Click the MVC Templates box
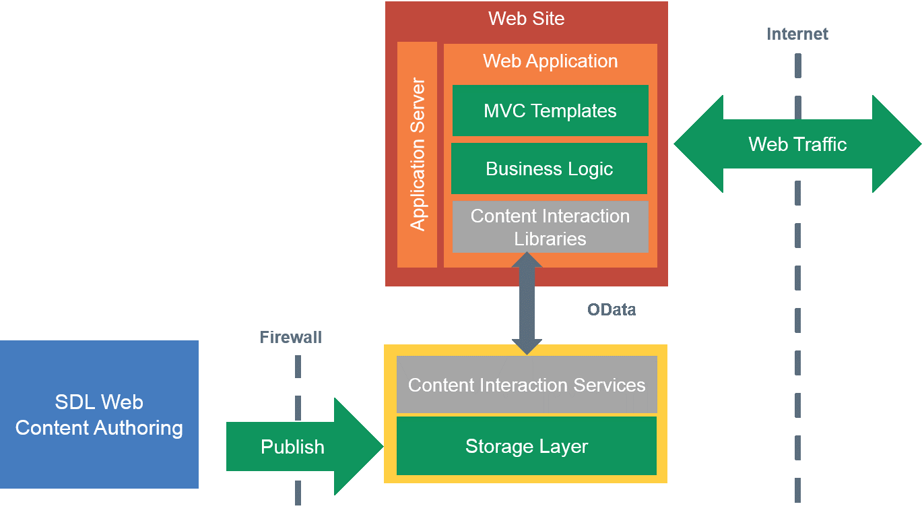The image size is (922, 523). tap(550, 111)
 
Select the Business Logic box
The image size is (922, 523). tap(550, 168)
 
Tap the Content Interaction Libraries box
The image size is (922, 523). tap(550, 227)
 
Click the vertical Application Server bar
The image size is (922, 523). tap(418, 154)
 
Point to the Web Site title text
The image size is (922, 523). tap(526, 18)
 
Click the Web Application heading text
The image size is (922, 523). tap(550, 61)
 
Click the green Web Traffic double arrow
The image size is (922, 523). tap(797, 144)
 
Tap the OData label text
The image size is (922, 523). tap(612, 310)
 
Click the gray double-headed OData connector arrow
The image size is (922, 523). tap(527, 303)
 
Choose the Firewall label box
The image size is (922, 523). tap(291, 337)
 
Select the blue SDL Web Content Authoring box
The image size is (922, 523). tap(99, 414)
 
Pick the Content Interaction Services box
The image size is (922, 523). tap(527, 385)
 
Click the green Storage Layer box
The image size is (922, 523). tap(527, 446)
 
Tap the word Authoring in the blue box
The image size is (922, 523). tap(141, 428)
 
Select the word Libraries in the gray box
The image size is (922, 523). tap(550, 239)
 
